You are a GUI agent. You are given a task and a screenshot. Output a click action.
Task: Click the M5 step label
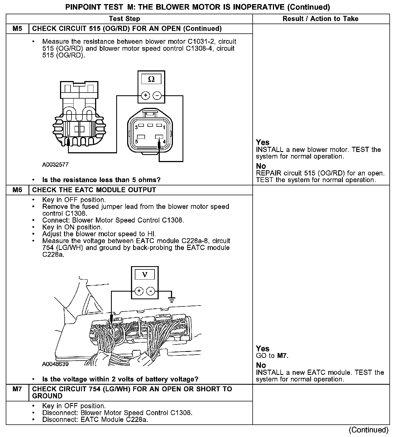point(17,28)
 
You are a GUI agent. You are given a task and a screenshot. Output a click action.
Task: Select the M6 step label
point(17,190)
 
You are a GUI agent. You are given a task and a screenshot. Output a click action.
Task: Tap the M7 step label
point(17,389)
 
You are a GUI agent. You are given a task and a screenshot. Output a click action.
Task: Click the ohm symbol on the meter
point(151,79)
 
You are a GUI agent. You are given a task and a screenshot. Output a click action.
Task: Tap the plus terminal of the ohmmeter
point(145,96)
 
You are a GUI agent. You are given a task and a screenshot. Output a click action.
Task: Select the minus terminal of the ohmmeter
point(157,96)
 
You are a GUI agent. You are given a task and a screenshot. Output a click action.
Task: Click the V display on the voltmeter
point(145,274)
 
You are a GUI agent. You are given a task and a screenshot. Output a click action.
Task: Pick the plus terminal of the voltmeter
point(139,291)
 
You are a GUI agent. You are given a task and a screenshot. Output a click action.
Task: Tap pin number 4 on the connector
point(164,142)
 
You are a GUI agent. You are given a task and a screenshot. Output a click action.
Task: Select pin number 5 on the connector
point(136,142)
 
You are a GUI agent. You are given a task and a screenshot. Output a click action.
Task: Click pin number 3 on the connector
point(136,127)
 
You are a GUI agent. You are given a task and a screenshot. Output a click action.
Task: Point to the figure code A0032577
point(55,165)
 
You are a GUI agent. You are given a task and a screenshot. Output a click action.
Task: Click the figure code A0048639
point(55,364)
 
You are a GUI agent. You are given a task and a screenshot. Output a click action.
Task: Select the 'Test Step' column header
point(124,19)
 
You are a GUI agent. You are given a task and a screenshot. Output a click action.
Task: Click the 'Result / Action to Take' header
point(320,19)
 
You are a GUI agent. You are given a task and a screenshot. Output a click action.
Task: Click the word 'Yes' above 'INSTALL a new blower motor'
point(263,142)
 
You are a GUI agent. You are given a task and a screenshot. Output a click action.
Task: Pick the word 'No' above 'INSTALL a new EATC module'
point(261,365)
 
